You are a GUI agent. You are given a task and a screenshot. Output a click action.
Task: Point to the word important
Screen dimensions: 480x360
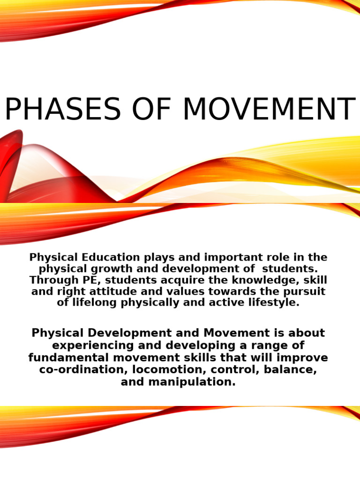[x=226, y=257]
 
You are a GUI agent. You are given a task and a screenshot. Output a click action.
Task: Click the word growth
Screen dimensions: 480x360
[x=100, y=269]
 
